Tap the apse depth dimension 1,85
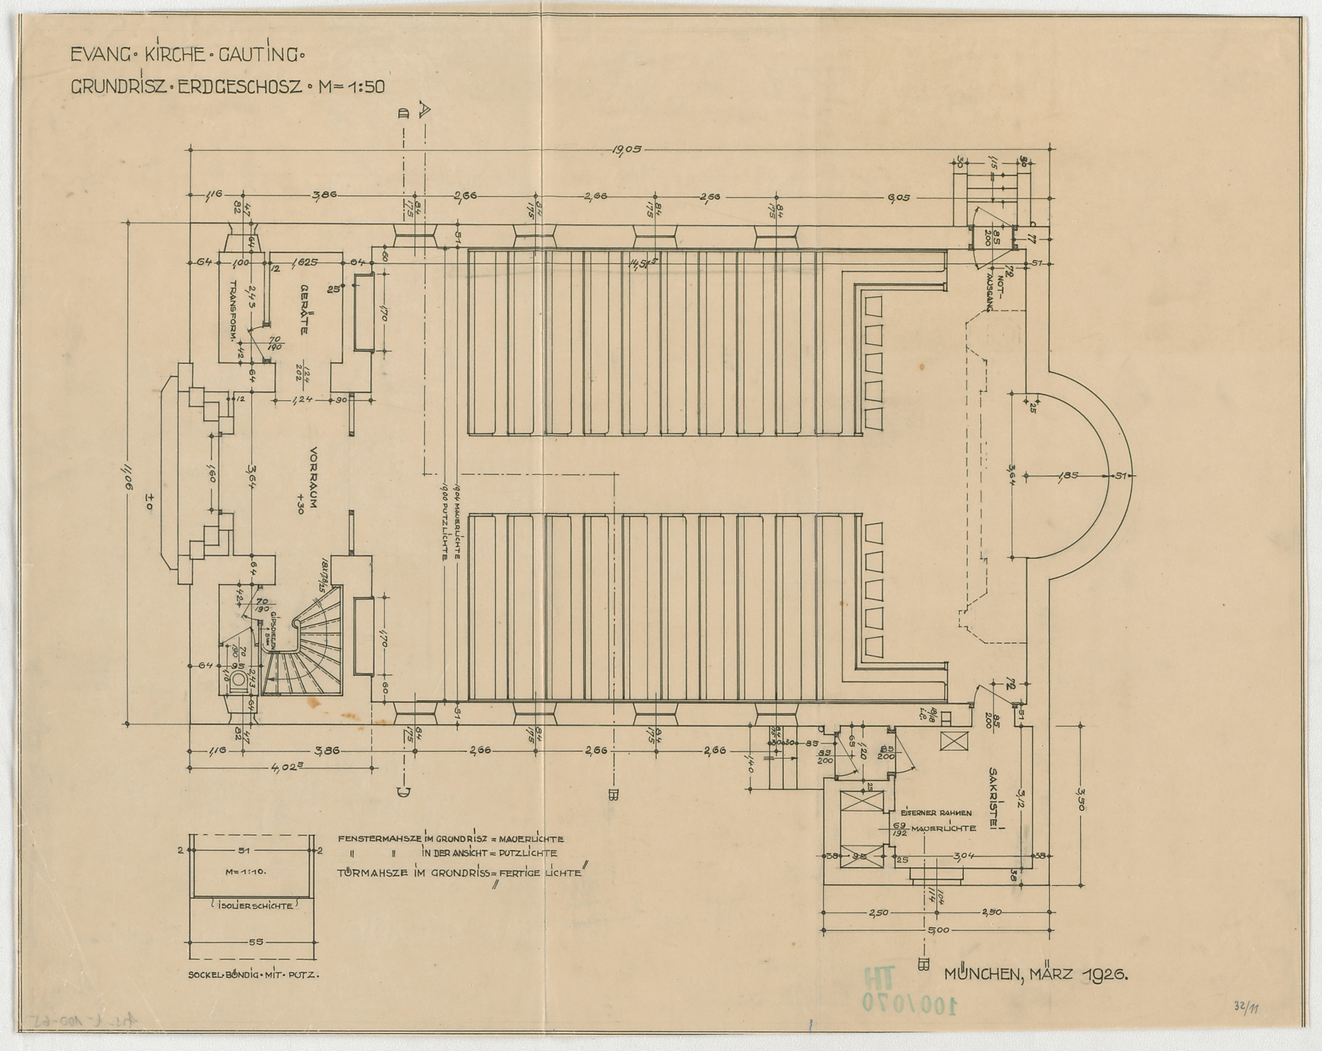(x=1068, y=475)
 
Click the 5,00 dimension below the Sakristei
(x=938, y=930)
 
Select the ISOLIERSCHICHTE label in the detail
(x=250, y=905)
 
